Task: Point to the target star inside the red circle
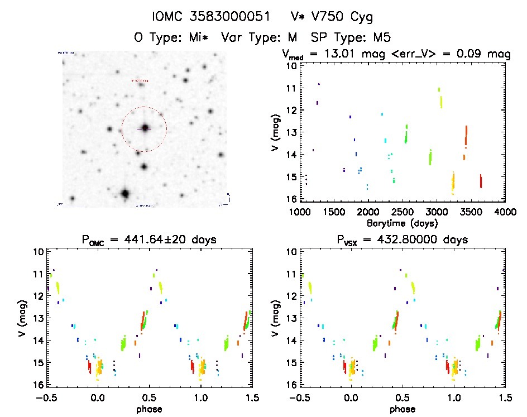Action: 145,128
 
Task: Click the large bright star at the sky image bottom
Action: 124,194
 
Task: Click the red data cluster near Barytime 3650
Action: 481,181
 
